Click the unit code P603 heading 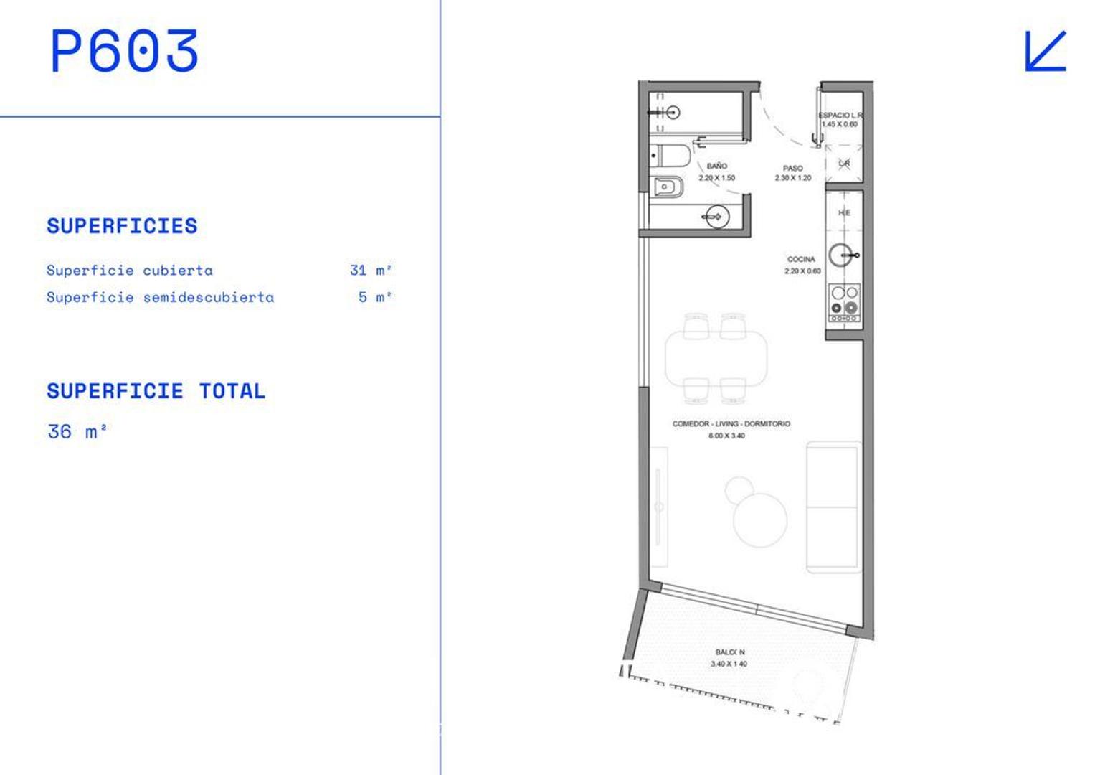click(124, 52)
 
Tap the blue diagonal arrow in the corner click(1046, 51)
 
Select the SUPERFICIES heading click(122, 226)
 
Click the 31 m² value click(370, 271)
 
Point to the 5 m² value click(374, 297)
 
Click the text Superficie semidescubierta click(160, 297)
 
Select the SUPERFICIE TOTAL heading click(156, 391)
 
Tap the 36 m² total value click(77, 432)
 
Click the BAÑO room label click(716, 166)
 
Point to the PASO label click(792, 169)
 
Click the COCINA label click(801, 259)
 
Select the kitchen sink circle click(841, 255)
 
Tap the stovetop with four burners click(844, 302)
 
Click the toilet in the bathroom click(670, 156)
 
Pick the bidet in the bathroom click(667, 187)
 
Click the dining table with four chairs click(716, 357)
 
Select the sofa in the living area click(833, 507)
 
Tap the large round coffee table click(760, 519)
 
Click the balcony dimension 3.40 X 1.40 click(729, 664)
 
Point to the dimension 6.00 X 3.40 click(726, 436)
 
